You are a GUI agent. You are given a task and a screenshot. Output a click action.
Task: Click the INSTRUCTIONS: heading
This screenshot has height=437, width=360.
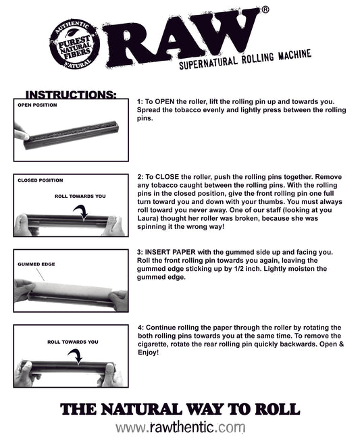click(70, 95)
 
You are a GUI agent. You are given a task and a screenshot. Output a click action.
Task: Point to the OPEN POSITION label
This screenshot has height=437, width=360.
click(37, 105)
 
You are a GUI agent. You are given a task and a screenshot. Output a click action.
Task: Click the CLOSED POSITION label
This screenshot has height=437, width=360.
click(40, 180)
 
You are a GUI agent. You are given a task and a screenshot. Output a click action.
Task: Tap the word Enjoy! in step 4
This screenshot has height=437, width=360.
click(149, 353)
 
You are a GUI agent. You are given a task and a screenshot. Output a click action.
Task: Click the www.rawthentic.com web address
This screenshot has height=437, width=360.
click(180, 427)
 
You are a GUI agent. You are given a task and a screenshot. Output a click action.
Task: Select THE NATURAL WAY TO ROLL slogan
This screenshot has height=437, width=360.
click(180, 409)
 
